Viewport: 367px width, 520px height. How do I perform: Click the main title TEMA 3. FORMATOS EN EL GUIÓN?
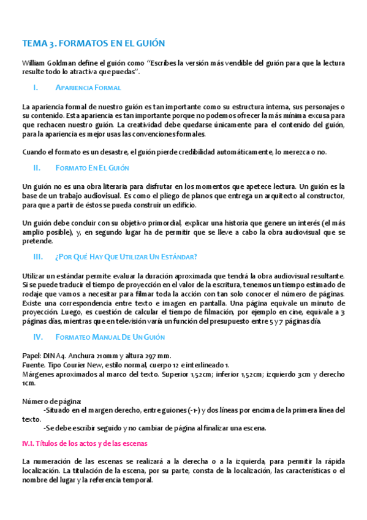(x=93, y=44)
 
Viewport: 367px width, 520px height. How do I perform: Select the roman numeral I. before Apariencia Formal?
(x=36, y=88)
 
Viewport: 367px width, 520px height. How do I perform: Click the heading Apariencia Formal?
(x=88, y=88)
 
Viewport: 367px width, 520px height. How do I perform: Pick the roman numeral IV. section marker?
(x=37, y=337)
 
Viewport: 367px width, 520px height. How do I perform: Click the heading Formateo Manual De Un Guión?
(x=110, y=337)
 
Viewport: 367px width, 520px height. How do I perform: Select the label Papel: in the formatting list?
(x=31, y=356)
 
